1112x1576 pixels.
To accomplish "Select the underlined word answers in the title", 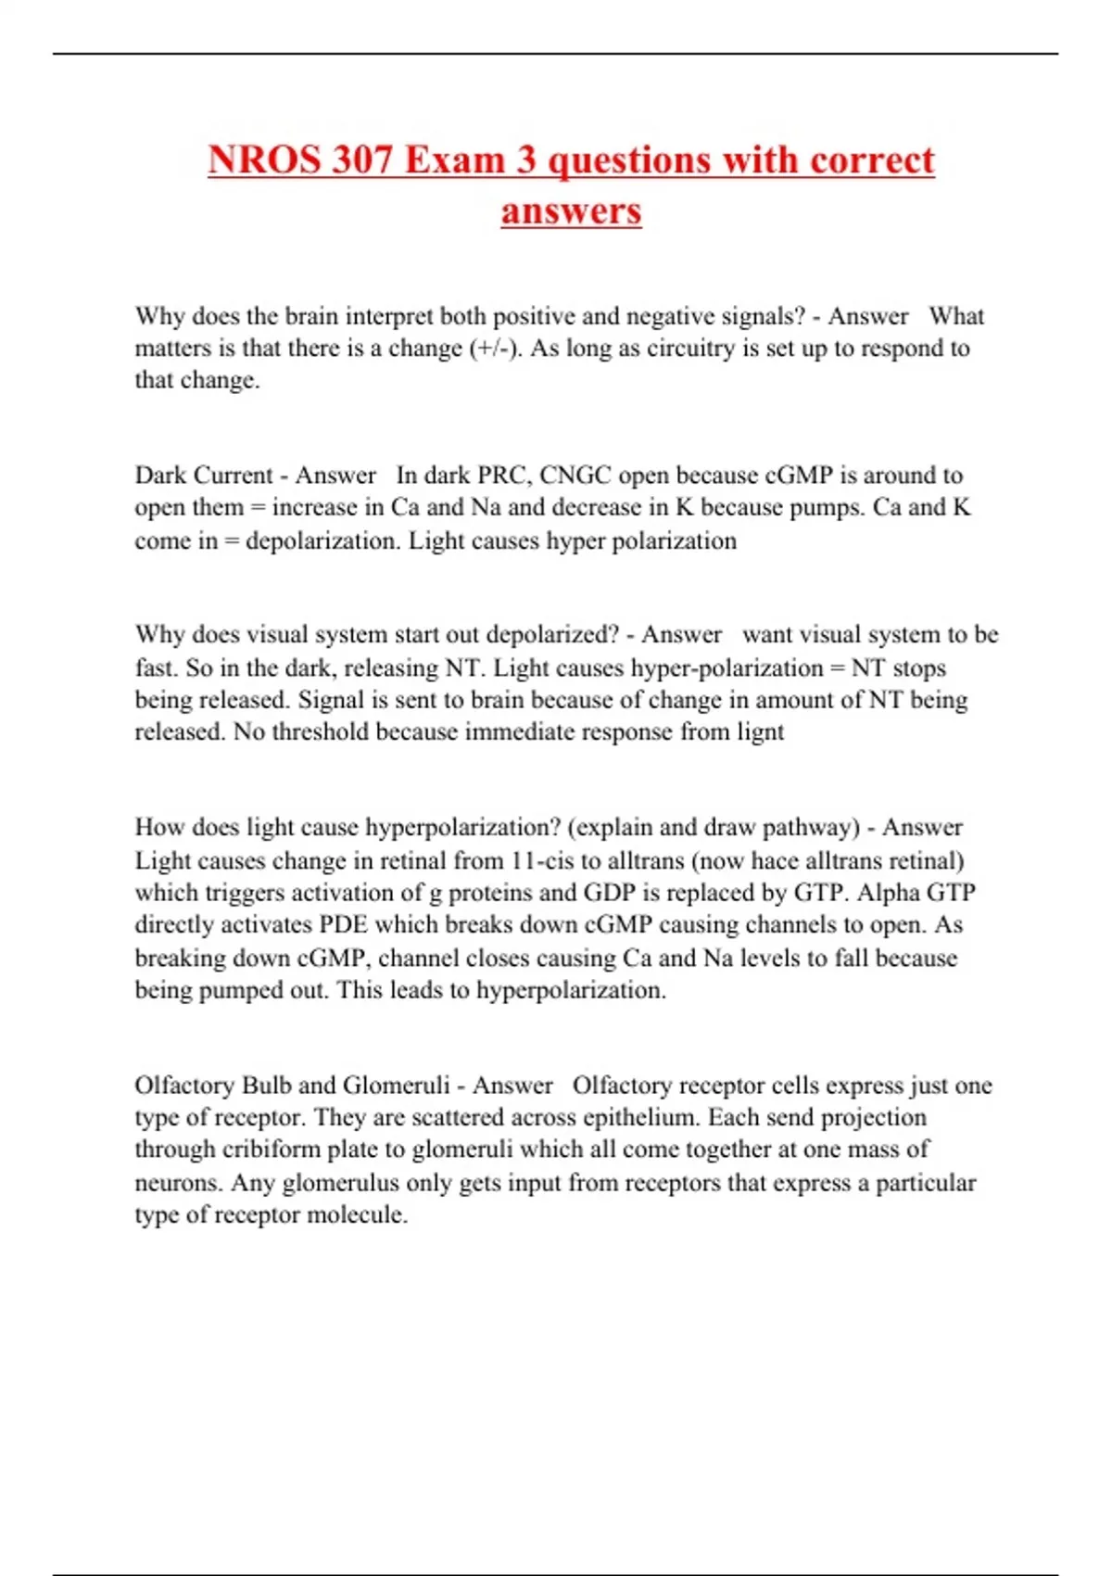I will (x=571, y=210).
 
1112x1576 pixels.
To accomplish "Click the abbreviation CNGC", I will (x=575, y=476).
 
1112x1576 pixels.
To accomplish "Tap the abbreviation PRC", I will (x=501, y=476).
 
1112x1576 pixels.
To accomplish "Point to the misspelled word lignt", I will (x=760, y=732).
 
